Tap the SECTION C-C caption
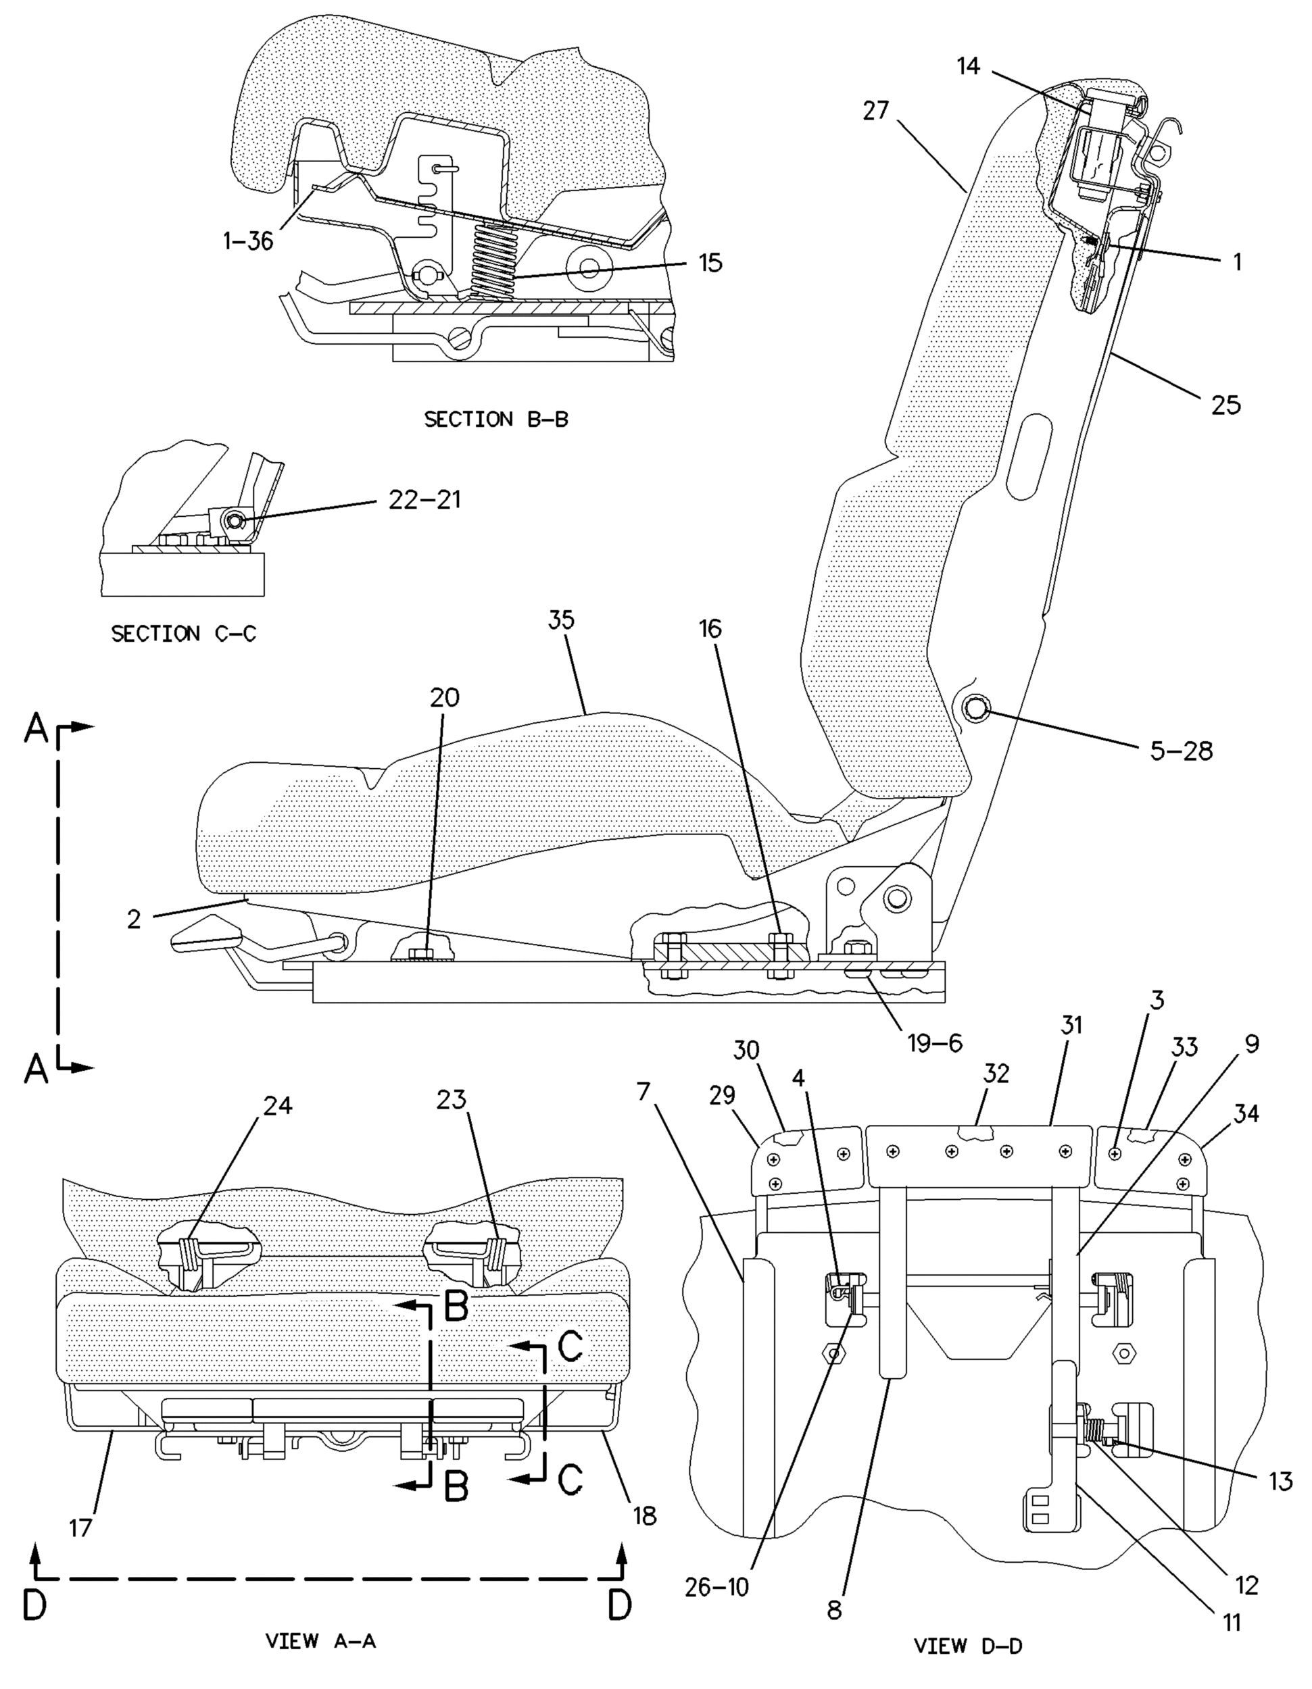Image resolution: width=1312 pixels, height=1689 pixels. point(183,634)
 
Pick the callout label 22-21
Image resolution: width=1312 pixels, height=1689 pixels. point(424,499)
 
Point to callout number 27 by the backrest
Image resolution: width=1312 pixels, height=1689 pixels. point(877,111)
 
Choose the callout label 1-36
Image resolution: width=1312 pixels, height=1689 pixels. point(248,241)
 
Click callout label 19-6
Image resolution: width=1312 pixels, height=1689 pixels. point(935,1043)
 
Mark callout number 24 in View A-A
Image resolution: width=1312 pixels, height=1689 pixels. point(278,1106)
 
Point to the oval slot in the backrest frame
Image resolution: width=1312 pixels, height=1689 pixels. point(1030,458)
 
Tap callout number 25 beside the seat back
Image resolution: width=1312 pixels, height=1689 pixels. point(1225,404)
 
